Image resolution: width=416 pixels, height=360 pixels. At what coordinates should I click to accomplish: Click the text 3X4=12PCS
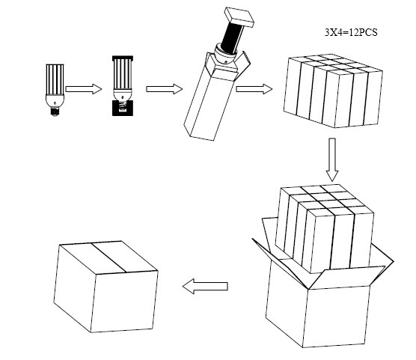point(351,32)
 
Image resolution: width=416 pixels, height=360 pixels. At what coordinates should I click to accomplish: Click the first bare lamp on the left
point(55,90)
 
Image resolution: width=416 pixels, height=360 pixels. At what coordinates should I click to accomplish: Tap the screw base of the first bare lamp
point(55,111)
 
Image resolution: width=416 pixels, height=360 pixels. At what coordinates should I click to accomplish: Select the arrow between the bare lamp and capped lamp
point(83,88)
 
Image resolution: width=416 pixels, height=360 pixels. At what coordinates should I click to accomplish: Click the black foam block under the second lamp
point(122,108)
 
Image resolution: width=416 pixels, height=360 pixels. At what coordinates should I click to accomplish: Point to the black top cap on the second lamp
point(123,58)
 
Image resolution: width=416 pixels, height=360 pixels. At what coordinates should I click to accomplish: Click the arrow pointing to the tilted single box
point(164,88)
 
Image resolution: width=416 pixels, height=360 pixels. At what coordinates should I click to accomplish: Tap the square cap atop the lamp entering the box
point(239,16)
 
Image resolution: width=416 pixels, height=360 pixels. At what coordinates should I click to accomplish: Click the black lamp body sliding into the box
point(233,37)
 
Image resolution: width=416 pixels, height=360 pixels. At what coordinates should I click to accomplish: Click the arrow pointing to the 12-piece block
point(254,88)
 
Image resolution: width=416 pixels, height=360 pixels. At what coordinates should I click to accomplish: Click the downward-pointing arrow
point(332,159)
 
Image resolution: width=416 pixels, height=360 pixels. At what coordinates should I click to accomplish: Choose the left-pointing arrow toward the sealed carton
point(205,286)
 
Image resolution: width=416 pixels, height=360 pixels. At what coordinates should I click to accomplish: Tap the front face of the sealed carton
point(125,302)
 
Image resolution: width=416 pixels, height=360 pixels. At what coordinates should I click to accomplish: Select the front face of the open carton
point(337,317)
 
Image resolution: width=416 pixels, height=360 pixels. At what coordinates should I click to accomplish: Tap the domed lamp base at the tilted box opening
point(225,55)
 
